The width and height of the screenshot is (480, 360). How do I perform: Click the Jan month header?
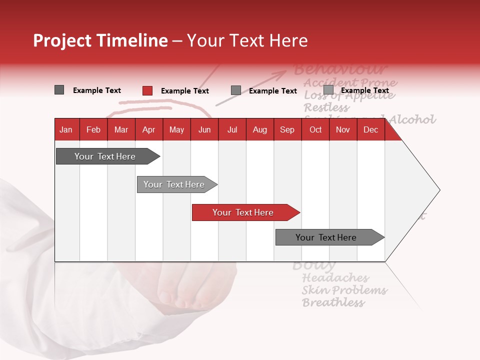(x=66, y=130)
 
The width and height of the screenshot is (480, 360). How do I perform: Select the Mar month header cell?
(x=121, y=130)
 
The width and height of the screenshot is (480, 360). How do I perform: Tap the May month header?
(x=176, y=130)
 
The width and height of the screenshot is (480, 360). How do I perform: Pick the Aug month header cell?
(x=259, y=130)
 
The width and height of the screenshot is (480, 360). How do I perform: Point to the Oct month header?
(x=315, y=130)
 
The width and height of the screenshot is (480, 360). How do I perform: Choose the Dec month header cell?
(x=370, y=130)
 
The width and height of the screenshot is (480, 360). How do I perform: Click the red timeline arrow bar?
(x=245, y=212)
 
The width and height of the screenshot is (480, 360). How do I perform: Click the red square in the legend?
(x=147, y=90)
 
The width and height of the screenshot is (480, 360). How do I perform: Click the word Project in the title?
(x=62, y=40)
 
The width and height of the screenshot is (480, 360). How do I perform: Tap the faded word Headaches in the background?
(x=335, y=278)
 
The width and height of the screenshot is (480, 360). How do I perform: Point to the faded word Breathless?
(x=333, y=302)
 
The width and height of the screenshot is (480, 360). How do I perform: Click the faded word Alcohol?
(x=412, y=119)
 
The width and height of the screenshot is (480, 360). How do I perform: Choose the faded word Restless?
(x=326, y=107)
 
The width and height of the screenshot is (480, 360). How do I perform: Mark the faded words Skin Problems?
(x=344, y=290)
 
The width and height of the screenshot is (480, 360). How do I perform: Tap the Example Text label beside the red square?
(x=185, y=91)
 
